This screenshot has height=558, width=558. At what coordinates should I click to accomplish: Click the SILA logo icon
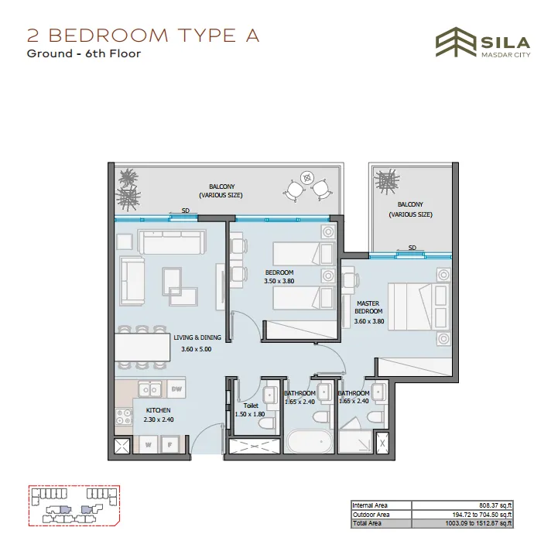click(x=456, y=42)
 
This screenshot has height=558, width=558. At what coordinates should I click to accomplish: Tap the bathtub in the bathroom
click(x=309, y=442)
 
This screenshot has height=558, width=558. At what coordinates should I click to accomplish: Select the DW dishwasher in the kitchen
click(x=176, y=389)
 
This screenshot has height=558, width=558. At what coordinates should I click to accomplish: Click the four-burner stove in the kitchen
click(x=124, y=416)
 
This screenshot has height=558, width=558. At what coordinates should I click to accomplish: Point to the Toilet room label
click(x=251, y=406)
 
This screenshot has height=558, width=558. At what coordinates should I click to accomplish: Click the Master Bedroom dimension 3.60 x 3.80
click(x=369, y=321)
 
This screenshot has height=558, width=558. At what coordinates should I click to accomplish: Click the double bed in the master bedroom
click(x=419, y=306)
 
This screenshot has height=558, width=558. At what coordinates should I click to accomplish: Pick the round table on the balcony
click(x=306, y=177)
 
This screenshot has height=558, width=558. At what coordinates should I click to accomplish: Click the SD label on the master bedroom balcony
click(x=412, y=248)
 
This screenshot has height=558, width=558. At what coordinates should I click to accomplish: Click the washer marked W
click(x=148, y=444)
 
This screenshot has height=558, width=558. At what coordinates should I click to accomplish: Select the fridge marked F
click(x=170, y=444)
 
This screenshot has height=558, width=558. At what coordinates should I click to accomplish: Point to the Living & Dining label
click(x=197, y=337)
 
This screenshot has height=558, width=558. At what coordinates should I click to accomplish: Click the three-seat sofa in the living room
click(x=173, y=241)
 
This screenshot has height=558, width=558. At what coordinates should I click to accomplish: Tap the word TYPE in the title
click(x=207, y=36)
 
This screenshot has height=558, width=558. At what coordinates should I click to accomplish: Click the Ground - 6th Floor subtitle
click(x=84, y=53)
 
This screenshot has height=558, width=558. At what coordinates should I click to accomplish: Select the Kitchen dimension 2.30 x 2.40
click(x=159, y=419)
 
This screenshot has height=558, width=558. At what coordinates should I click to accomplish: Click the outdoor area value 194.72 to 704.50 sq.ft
click(x=482, y=515)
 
